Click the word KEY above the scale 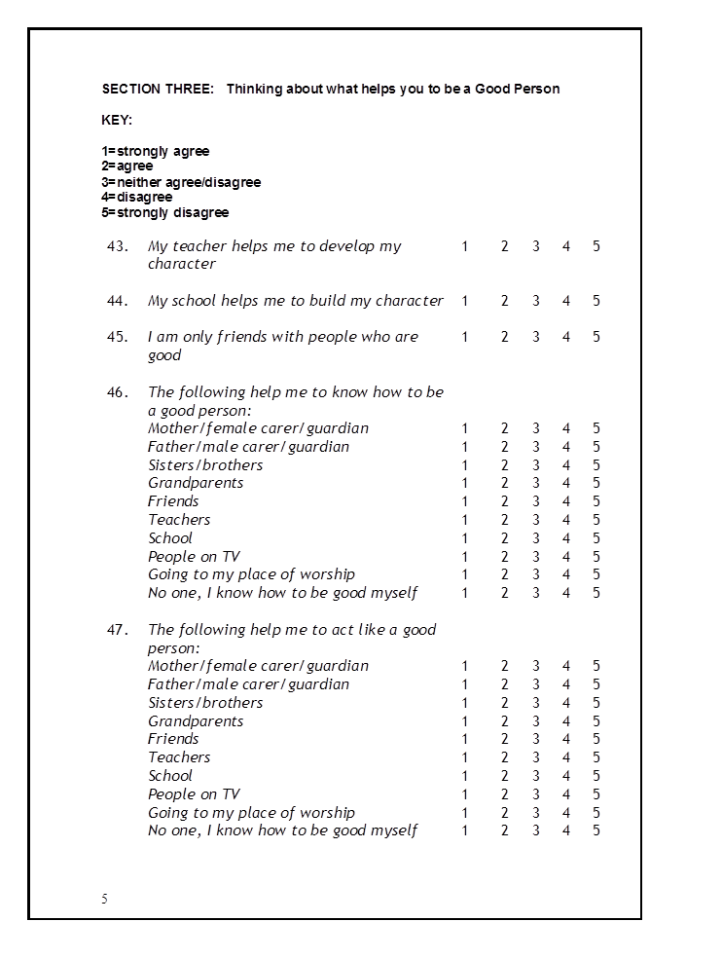117,121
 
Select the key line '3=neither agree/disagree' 181,182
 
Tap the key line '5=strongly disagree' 165,212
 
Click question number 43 118,246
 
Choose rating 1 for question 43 465,246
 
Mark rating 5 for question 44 596,301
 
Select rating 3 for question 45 535,337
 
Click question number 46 118,392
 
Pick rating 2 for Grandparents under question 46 505,484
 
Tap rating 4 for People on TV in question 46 566,557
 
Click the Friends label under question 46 173,501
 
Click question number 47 118,630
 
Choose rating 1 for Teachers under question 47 465,757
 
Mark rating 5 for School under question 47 596,776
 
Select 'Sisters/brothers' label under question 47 205,703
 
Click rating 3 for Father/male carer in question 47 535,684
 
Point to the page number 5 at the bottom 105,899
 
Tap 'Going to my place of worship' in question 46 251,574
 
